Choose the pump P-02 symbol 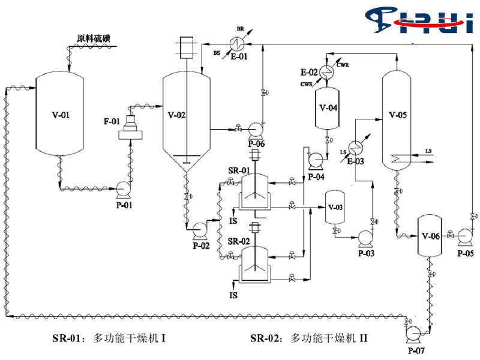tap(197, 229)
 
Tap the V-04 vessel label tap(328, 108)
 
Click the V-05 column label tap(398, 114)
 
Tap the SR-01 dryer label tap(239, 171)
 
